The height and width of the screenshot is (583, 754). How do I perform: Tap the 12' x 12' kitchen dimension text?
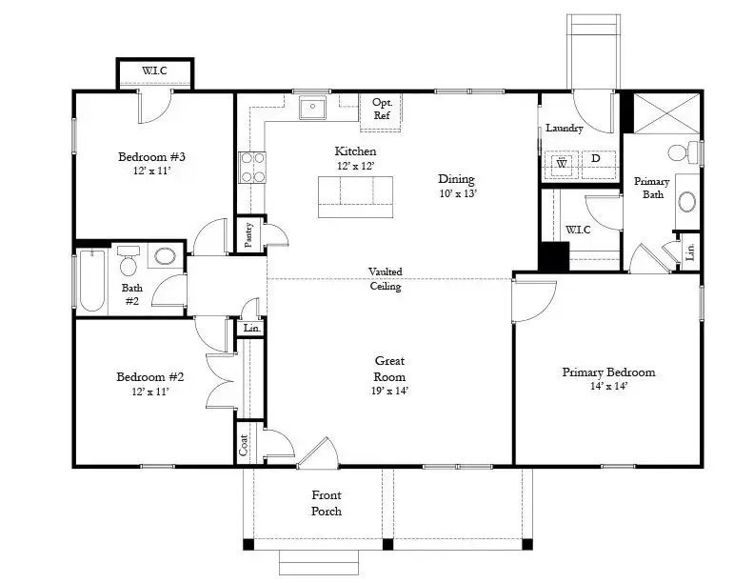pyautogui.click(x=354, y=166)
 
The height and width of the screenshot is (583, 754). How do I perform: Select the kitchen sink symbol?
pyautogui.click(x=311, y=110)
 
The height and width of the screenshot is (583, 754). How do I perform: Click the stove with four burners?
pyautogui.click(x=251, y=168)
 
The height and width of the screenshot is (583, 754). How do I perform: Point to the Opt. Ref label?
pyautogui.click(x=383, y=109)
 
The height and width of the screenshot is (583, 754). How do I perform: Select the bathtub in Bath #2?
pyautogui.click(x=91, y=280)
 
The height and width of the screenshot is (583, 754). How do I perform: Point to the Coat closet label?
pyautogui.click(x=244, y=445)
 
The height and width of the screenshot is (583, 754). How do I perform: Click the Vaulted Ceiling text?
pyautogui.click(x=385, y=279)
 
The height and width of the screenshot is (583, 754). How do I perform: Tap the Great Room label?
pyautogui.click(x=390, y=368)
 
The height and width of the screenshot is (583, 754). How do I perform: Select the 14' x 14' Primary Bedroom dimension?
pyautogui.click(x=607, y=386)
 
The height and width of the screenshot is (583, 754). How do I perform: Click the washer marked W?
pyautogui.click(x=561, y=163)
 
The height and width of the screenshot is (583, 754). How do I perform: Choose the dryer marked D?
pyautogui.click(x=596, y=159)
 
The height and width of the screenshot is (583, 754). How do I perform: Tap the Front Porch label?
pyautogui.click(x=327, y=503)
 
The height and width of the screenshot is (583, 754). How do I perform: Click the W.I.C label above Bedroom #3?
pyautogui.click(x=155, y=71)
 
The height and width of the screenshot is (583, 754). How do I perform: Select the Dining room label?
pyautogui.click(x=456, y=179)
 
